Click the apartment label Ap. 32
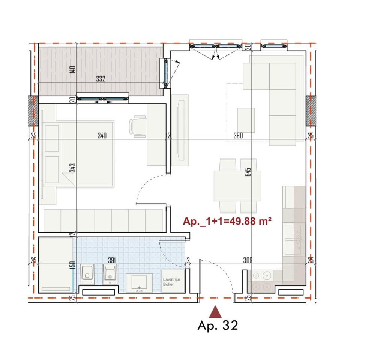click(218, 325)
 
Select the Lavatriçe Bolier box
click(173, 282)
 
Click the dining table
click(237, 186)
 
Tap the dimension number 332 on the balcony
click(101, 79)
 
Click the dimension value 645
click(248, 172)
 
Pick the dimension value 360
click(238, 136)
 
